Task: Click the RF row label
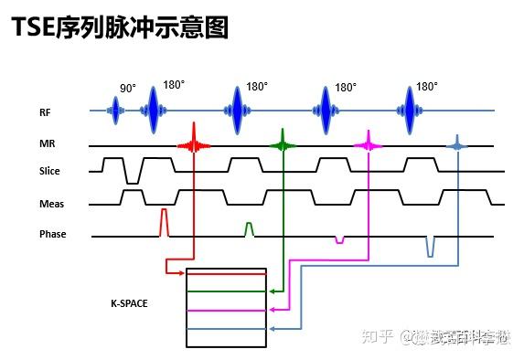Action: pyautogui.click(x=45, y=113)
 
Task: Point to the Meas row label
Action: pyautogui.click(x=51, y=203)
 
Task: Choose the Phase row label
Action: pyautogui.click(x=53, y=235)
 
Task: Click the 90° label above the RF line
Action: pyautogui.click(x=127, y=89)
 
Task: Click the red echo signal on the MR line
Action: pyautogui.click(x=193, y=144)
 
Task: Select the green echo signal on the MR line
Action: pyautogui.click(x=283, y=144)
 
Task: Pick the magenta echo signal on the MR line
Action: pyautogui.click(x=368, y=144)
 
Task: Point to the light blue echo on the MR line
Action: pyautogui.click(x=456, y=144)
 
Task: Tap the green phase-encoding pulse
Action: pyautogui.click(x=249, y=228)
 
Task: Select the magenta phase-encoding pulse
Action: pyautogui.click(x=339, y=239)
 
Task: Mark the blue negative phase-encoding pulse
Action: pyautogui.click(x=429, y=245)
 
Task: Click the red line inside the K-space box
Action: pyautogui.click(x=226, y=273)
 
